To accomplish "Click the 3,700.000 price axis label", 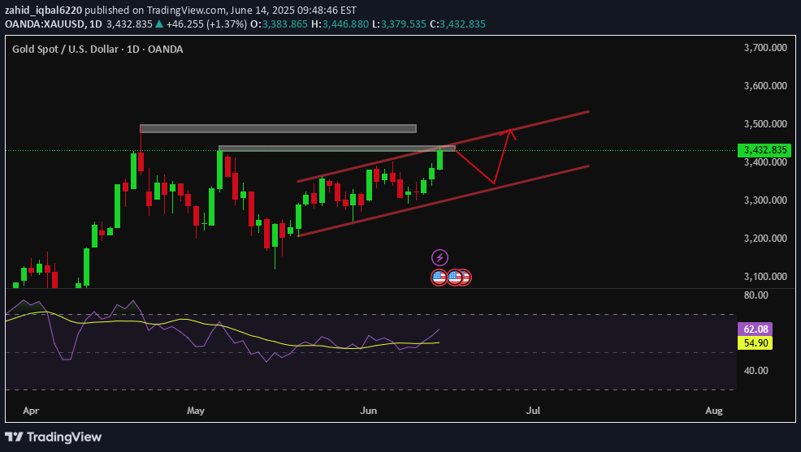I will [765, 48].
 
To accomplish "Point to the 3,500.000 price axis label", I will [765, 124].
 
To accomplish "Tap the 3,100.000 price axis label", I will [765, 277].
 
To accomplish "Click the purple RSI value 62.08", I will [753, 329].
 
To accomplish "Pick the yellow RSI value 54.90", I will [753, 343].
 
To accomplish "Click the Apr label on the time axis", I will [31, 411].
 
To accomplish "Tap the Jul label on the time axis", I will [533, 411].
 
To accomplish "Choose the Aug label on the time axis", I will [713, 411].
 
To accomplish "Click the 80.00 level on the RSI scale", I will [756, 296].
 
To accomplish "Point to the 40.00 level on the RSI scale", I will [756, 371].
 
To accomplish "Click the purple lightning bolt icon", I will [439, 258].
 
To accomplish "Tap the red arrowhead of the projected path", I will [509, 132].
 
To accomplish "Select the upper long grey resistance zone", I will [278, 128].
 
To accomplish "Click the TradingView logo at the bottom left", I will [56, 437].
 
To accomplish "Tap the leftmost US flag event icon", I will [439, 277].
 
